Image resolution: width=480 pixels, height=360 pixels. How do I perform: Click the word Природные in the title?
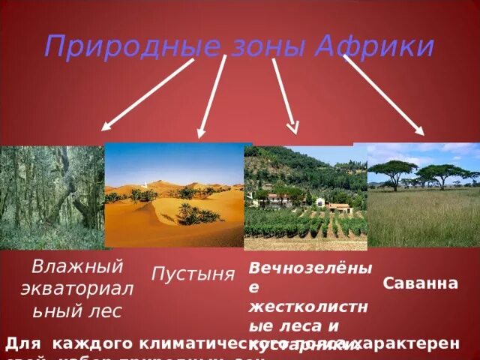tap(130, 46)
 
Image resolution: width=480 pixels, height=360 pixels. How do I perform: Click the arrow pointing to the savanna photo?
tap(383, 94)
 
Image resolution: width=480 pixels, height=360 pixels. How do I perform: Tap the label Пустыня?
tap(193, 274)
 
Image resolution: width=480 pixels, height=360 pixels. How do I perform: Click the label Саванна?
tap(421, 284)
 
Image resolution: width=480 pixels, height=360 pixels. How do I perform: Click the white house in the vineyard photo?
tap(319, 202)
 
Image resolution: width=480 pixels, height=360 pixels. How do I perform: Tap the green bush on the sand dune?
tap(196, 214)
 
